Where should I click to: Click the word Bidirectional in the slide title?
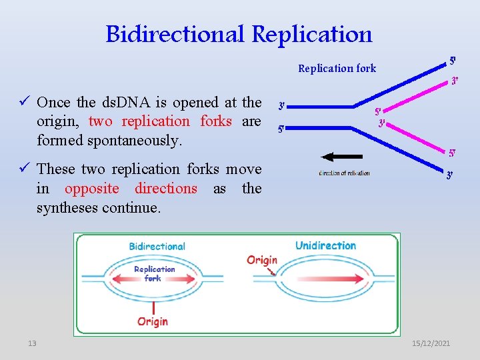(x=175, y=33)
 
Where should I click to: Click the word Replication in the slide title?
(x=312, y=33)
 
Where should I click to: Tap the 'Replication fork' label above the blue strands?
(x=337, y=68)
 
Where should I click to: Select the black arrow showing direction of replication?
(x=344, y=157)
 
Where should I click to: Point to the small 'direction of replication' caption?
(x=344, y=173)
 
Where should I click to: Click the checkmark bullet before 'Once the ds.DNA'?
(x=25, y=102)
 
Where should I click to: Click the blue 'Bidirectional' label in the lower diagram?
(x=157, y=246)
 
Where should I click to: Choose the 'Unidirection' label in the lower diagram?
(x=325, y=245)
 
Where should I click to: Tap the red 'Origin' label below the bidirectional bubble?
(x=153, y=321)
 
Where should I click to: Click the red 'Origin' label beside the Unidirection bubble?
(x=262, y=259)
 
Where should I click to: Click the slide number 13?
(x=32, y=343)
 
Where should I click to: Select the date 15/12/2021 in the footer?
(x=431, y=343)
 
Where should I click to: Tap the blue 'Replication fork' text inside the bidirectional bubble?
(x=154, y=273)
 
